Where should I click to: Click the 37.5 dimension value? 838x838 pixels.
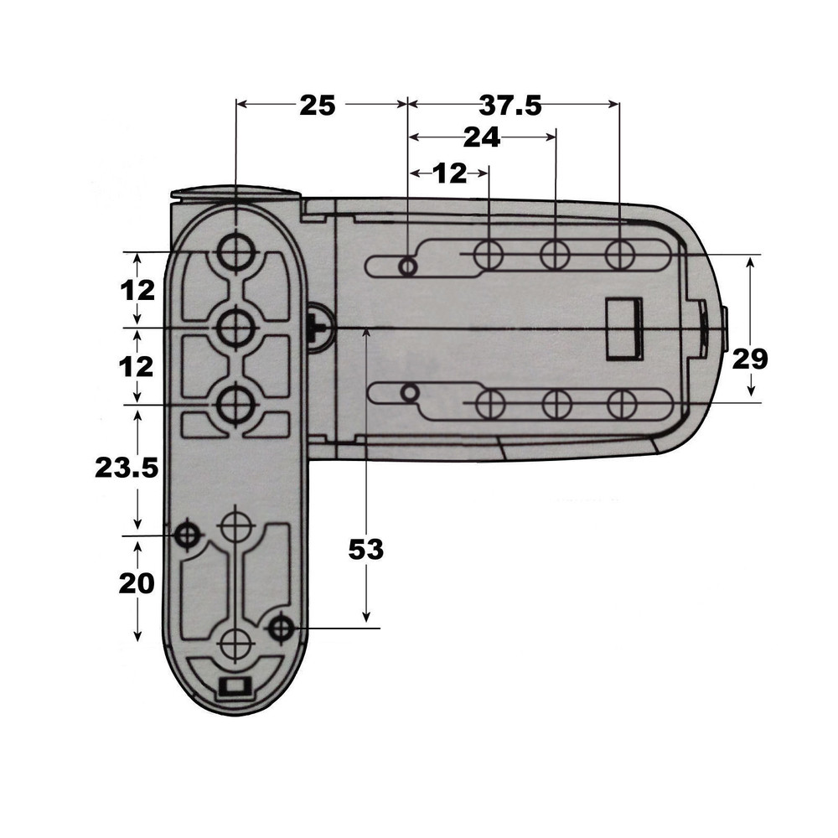click(x=510, y=105)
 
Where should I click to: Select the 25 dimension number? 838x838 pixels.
click(x=317, y=105)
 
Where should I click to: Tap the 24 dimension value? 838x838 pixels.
click(x=481, y=137)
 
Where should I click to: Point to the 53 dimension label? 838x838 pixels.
click(x=365, y=550)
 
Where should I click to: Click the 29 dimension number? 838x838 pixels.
click(x=750, y=359)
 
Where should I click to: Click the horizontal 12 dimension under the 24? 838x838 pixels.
click(x=450, y=173)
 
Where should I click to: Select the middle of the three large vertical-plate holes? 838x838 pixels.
click(x=235, y=328)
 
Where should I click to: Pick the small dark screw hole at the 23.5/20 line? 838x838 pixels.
click(x=186, y=533)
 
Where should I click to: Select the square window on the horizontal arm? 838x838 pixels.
click(x=624, y=328)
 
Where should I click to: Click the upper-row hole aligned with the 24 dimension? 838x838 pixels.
click(x=555, y=253)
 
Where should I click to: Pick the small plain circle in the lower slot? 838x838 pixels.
click(x=409, y=392)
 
